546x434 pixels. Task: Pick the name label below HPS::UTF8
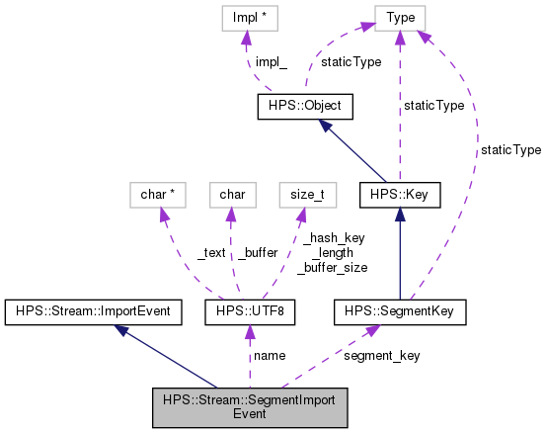[270, 355]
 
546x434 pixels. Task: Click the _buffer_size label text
[334, 267]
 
